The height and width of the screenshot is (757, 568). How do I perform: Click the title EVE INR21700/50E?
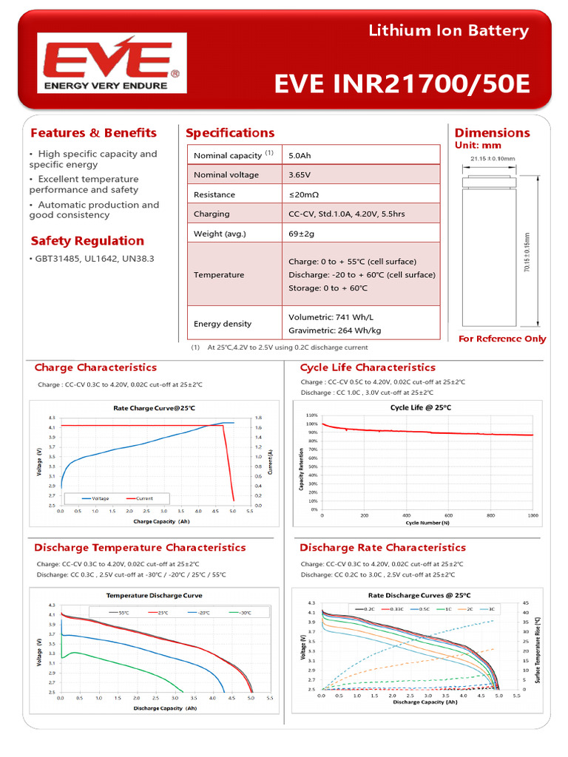[x=402, y=84]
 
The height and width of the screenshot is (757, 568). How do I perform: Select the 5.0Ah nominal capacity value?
[x=300, y=155]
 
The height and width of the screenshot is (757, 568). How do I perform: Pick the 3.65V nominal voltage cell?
[x=300, y=175]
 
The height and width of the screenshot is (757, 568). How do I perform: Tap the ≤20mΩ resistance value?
[x=304, y=194]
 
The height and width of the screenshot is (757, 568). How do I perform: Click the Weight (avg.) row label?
[x=220, y=234]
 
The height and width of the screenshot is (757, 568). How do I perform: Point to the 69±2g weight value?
[x=301, y=234]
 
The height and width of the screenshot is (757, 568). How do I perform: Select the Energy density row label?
[x=223, y=324]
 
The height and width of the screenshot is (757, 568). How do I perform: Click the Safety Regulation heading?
[x=87, y=241]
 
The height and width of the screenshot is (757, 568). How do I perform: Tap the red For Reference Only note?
[x=502, y=339]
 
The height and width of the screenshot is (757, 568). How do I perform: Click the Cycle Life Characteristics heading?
[x=368, y=367]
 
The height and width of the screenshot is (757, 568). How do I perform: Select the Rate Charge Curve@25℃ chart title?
[x=155, y=408]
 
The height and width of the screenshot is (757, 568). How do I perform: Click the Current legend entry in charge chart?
[x=143, y=499]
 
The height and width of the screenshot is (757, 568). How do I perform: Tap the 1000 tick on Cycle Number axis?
[x=532, y=515]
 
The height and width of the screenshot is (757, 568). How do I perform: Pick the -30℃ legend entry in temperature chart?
[x=241, y=612]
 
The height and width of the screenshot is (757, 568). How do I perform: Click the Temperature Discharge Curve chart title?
[x=155, y=595]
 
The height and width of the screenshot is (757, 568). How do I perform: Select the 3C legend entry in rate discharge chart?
[x=491, y=608]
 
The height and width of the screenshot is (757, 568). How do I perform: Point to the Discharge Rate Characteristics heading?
[x=382, y=548]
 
